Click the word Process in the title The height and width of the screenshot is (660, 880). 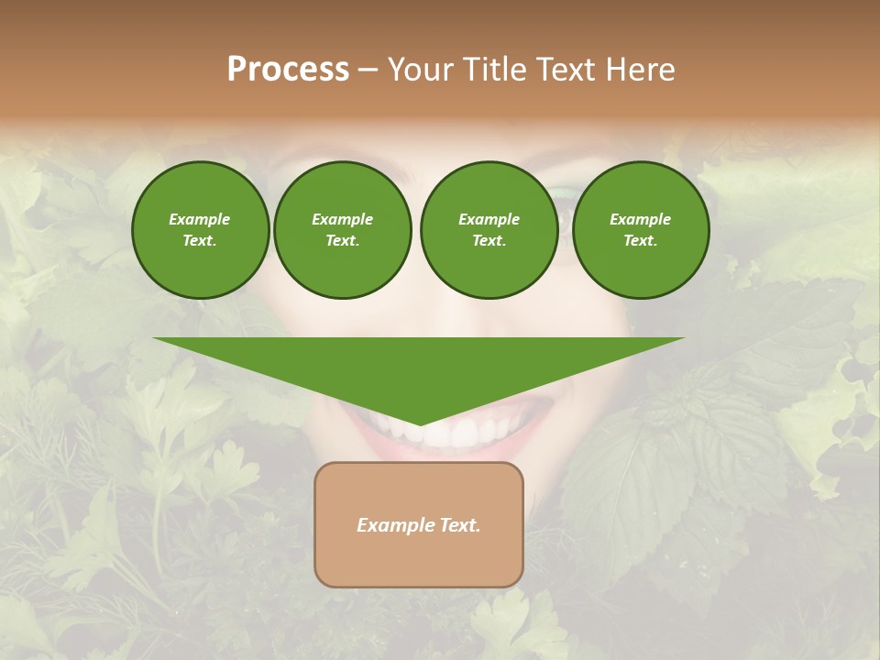coord(288,70)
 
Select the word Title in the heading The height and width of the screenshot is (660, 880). coord(495,70)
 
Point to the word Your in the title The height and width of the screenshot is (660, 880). coord(420,70)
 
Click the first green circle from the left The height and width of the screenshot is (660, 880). coord(200,229)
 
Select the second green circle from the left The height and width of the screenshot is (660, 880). coord(343,229)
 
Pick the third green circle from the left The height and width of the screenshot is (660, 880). coord(489,229)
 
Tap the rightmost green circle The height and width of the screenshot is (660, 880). coord(641,229)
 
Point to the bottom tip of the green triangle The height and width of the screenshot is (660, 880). coord(419,423)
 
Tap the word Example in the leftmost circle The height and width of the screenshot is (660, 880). coord(200,219)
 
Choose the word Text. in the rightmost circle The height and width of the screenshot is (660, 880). coord(641,240)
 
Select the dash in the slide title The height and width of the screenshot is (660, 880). coord(368,70)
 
